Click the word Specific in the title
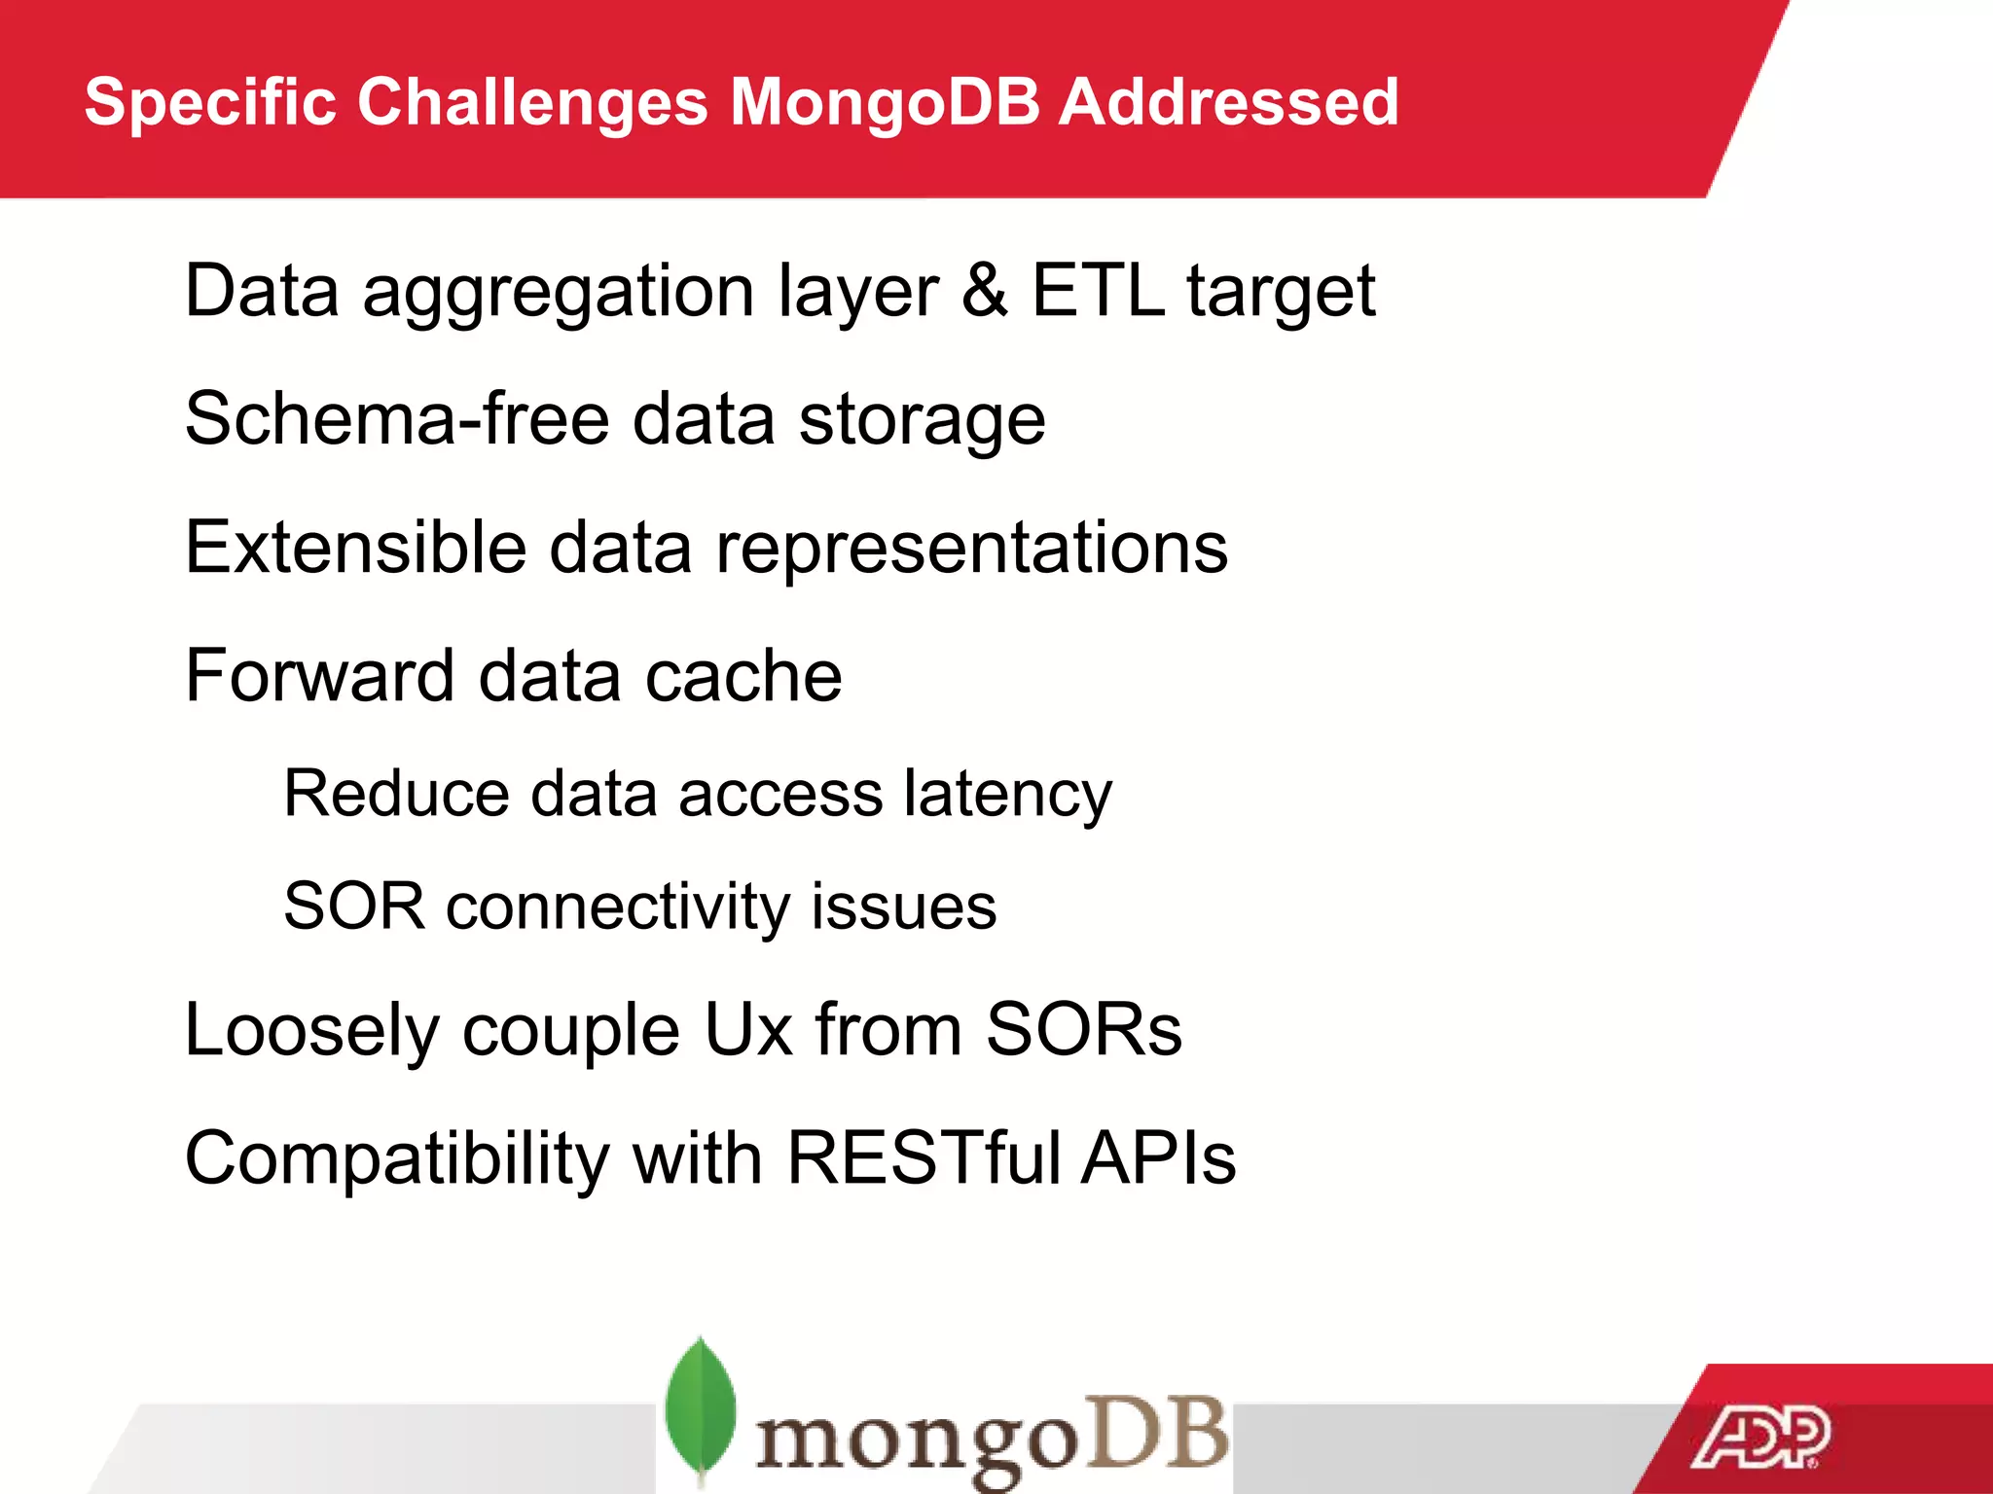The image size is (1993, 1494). click(x=209, y=102)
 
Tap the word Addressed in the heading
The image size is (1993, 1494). click(x=1228, y=102)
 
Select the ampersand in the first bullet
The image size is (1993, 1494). click(x=984, y=290)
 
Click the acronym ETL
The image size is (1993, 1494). click(x=1098, y=290)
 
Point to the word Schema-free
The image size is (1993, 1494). click(x=397, y=418)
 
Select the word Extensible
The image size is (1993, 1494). click(x=355, y=547)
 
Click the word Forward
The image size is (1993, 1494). click(x=320, y=675)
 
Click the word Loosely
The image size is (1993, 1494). click(x=311, y=1031)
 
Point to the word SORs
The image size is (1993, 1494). click(x=1083, y=1029)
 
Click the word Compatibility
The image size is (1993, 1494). click(x=397, y=1159)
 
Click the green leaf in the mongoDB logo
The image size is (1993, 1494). click(x=700, y=1406)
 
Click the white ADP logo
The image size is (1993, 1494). click(x=1760, y=1438)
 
